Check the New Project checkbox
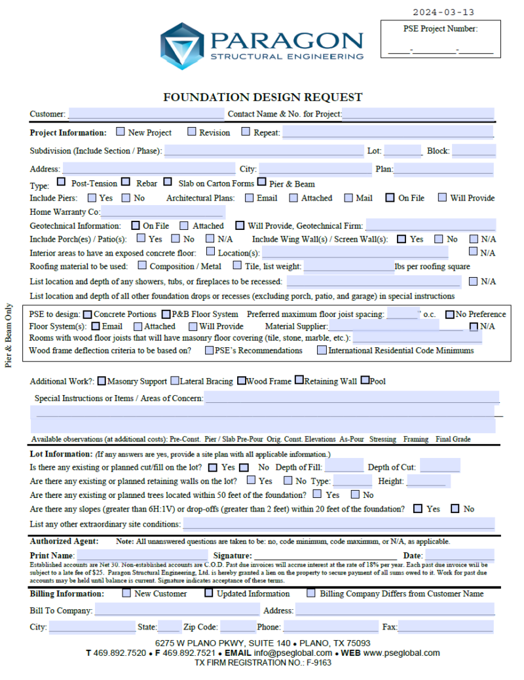click(x=121, y=132)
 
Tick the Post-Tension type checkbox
click(x=62, y=183)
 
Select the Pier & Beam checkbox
click(x=262, y=183)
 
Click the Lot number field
click(x=402, y=151)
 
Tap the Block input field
click(x=473, y=151)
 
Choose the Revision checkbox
click(x=192, y=132)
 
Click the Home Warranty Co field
click(x=162, y=212)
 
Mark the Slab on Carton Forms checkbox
click(x=168, y=183)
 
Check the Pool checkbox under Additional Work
click(x=365, y=380)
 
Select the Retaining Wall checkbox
click(x=299, y=380)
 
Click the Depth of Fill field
click(x=344, y=466)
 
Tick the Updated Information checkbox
click(x=209, y=594)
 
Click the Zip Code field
click(x=237, y=627)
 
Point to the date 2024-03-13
click(x=443, y=12)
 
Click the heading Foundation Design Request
click(x=263, y=97)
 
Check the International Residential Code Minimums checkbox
click(x=322, y=350)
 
